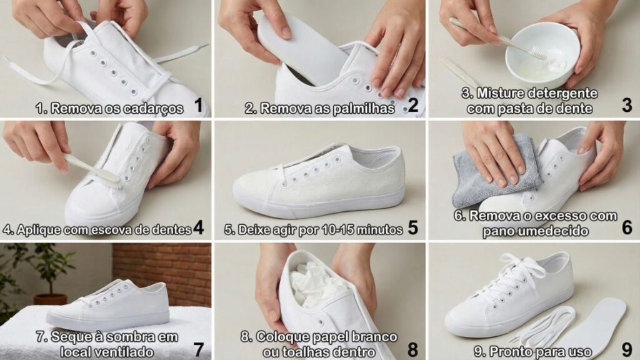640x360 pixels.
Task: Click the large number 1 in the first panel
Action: pos(198,105)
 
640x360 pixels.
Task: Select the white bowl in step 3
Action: pos(542,52)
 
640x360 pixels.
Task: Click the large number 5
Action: pos(412,227)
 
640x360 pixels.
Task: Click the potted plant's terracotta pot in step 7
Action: pos(50,300)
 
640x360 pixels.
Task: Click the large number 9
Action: pos(627,350)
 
